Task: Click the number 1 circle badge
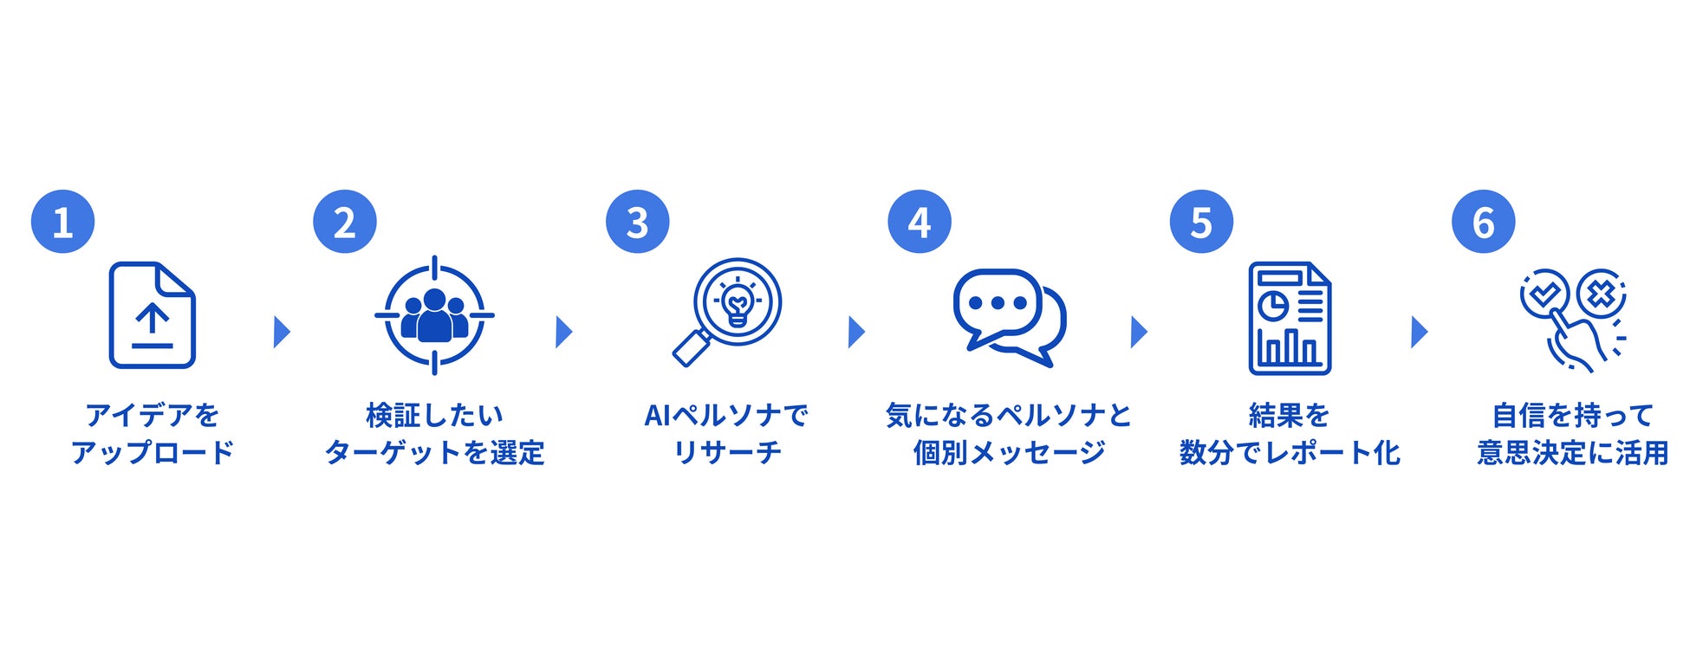[x=62, y=222]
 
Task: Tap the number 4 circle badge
[x=919, y=222]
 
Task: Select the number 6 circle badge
[x=1483, y=222]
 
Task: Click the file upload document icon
[x=152, y=315]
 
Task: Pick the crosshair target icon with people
[x=434, y=315]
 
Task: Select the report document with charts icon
[x=1289, y=318]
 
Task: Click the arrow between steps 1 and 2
[x=282, y=332]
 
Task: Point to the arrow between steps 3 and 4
[x=856, y=332]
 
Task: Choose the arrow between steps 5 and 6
[x=1419, y=332]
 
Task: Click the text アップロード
[x=153, y=452]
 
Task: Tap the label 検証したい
[x=434, y=416]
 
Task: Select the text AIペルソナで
[x=726, y=416]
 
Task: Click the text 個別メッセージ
[x=1009, y=452]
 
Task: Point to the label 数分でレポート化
[x=1289, y=452]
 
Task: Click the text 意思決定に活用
[x=1572, y=452]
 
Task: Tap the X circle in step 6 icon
[x=1600, y=294]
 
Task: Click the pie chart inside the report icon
[x=1272, y=306]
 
